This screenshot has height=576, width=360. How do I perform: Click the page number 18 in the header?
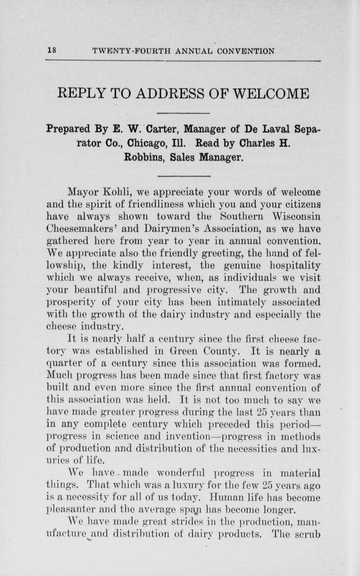pyautogui.click(x=52, y=51)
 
